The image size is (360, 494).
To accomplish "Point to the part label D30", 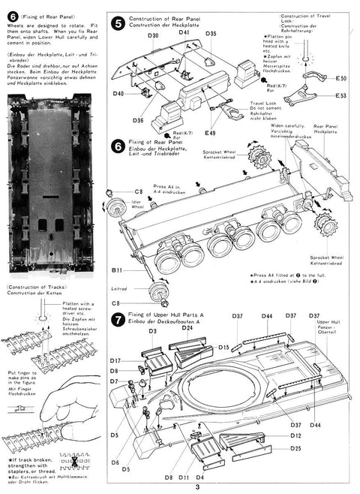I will click(153, 35).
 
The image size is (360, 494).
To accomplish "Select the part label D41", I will click(184, 33).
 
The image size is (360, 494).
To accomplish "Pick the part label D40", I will click(118, 94).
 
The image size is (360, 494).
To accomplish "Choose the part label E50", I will click(340, 78).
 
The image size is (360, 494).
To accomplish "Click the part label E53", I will click(340, 96).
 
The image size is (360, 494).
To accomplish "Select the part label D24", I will click(187, 327).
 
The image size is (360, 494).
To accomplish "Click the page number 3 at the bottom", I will click(197, 487).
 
